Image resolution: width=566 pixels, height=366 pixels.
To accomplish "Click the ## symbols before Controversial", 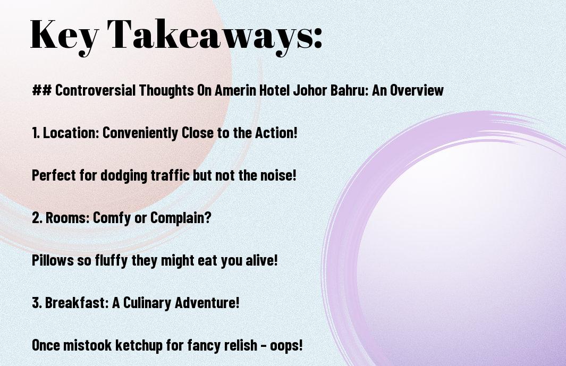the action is [x=41, y=90].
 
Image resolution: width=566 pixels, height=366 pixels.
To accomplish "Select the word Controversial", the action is [x=95, y=90].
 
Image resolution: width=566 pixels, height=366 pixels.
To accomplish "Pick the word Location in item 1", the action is [x=71, y=133].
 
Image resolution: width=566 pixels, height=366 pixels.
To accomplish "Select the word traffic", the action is [x=170, y=175].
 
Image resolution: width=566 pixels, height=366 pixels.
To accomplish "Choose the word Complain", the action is [x=180, y=218].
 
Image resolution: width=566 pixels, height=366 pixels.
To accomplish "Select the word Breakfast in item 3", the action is [x=77, y=303].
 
